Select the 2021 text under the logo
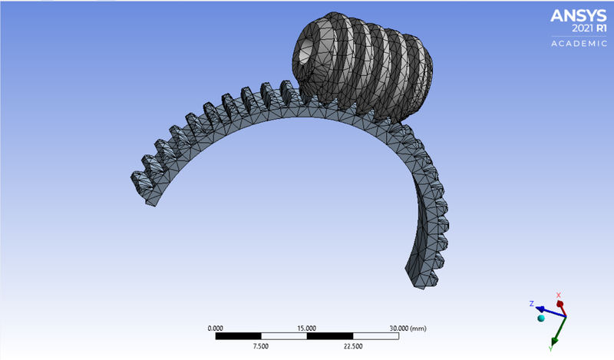566,28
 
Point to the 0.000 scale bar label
216,328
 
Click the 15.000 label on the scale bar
307,328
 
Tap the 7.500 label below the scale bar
261,345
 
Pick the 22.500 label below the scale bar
353,345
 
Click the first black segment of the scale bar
238,335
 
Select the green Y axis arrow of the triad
556,329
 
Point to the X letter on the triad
559,295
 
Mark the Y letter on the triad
551,348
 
